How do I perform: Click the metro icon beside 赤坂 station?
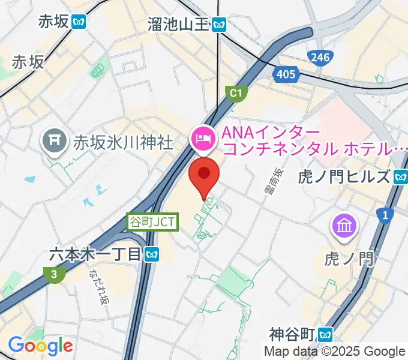(79, 22)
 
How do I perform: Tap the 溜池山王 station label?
(178, 24)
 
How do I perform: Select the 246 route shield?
(319, 57)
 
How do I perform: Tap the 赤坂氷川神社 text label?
(123, 142)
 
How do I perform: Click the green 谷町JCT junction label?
(153, 221)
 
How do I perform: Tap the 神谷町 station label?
(293, 333)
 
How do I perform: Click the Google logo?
(40, 346)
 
